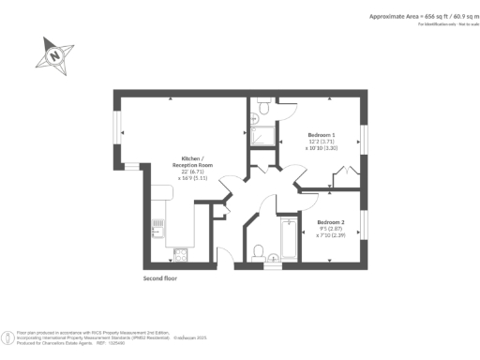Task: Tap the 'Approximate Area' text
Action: (404, 16)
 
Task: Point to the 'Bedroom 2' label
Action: (330, 221)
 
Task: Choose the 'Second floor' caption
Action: (159, 278)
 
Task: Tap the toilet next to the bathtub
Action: (258, 249)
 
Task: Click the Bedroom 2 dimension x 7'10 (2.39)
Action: (330, 235)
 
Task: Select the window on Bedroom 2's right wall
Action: (366, 223)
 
